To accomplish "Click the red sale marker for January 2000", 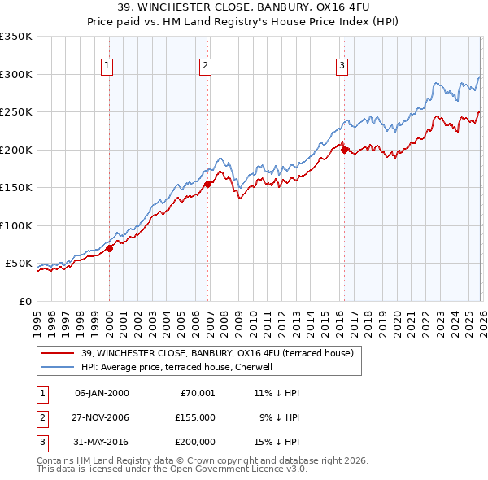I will coord(109,249).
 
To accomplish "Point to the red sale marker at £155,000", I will coord(208,184).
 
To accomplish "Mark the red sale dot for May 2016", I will coord(344,150).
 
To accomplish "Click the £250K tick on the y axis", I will coord(16,112).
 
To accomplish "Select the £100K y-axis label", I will coord(16,225).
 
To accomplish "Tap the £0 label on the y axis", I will coord(23,301).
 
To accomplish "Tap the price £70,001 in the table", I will coord(196,392).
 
